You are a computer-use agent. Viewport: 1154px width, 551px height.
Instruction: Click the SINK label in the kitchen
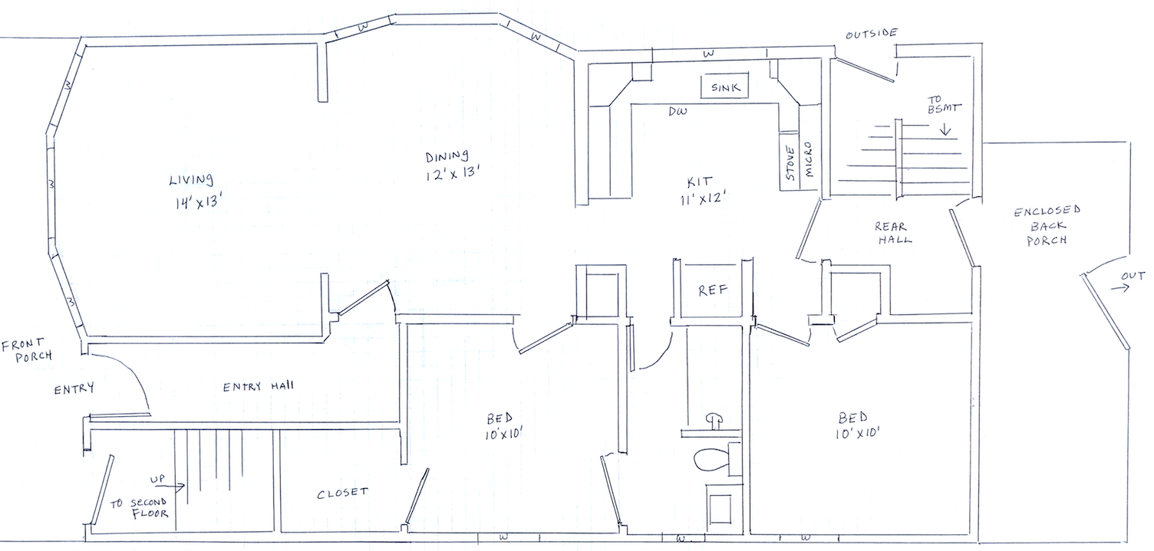tap(725, 87)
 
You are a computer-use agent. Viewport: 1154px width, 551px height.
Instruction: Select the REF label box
tap(713, 290)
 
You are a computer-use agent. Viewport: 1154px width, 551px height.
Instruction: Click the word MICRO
tap(808, 159)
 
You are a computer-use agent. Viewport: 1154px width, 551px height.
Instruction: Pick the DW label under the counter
tap(678, 111)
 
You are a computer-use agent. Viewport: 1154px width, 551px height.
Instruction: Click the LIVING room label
tap(191, 179)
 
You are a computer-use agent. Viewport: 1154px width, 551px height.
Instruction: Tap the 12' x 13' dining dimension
tap(453, 174)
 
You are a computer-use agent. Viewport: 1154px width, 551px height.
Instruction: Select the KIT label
tap(700, 182)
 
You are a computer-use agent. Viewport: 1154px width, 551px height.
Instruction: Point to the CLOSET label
tap(342, 494)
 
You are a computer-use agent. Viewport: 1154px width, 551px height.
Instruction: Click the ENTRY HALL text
tap(258, 386)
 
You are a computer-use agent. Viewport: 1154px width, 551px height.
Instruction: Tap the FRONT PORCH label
tap(27, 350)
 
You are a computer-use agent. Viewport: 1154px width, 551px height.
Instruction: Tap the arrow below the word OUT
tap(1119, 287)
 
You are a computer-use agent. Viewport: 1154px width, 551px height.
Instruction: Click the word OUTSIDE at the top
tap(872, 34)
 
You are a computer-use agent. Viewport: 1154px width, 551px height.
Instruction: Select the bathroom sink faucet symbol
tap(714, 420)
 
